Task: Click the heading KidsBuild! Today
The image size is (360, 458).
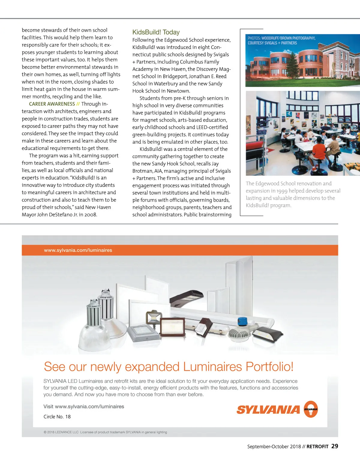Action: [156, 32]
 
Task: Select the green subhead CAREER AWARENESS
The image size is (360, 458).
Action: [52, 104]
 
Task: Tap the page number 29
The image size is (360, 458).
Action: [334, 446]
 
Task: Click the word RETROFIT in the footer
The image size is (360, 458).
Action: [317, 447]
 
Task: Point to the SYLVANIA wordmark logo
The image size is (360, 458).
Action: [268, 410]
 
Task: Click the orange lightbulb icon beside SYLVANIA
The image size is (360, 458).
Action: [310, 409]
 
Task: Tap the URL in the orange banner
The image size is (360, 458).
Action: [78, 250]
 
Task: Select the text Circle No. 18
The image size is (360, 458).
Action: [57, 417]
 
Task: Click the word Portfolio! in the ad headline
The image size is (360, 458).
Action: [269, 367]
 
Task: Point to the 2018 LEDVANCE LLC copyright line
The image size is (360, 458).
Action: [105, 432]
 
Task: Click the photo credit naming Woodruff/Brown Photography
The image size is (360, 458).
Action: [281, 40]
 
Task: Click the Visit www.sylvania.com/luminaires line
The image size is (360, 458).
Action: [84, 407]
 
